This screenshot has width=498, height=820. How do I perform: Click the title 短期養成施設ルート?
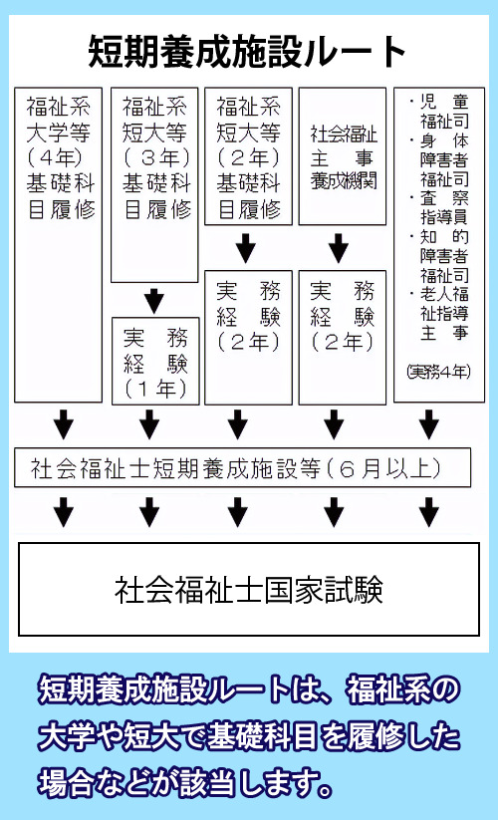pyautogui.click(x=248, y=49)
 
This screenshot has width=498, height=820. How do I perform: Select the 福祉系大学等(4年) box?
pyautogui.click(x=58, y=244)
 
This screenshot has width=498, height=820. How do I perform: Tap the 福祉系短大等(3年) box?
pyautogui.click(x=154, y=184)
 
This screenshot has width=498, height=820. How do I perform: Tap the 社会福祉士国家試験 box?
pyautogui.click(x=248, y=589)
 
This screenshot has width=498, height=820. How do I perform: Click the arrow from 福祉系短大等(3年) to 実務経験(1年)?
pyautogui.click(x=153, y=300)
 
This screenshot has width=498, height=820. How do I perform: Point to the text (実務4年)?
pyautogui.click(x=438, y=371)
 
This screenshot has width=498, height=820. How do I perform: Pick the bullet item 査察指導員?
pyautogui.click(x=439, y=207)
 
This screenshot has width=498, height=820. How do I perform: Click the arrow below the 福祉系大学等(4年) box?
pyautogui.click(x=64, y=424)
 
